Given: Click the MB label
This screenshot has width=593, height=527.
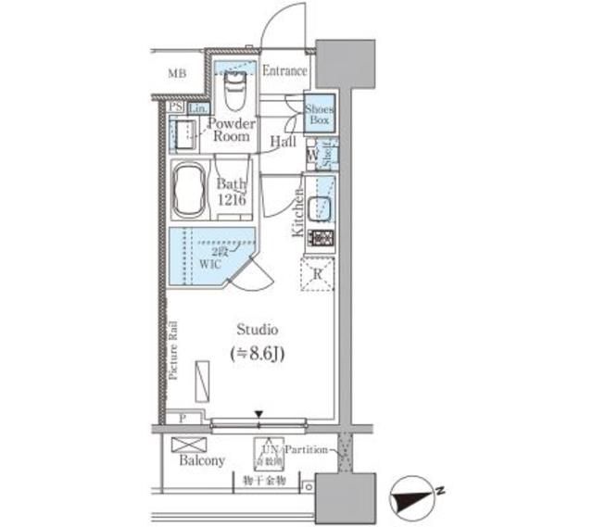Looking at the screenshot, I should [x=176, y=72].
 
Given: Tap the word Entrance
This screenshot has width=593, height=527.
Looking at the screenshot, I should [x=284, y=71].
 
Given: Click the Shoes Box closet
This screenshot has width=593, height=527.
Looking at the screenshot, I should [x=320, y=115].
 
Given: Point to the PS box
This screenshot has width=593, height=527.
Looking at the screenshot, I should [x=174, y=107].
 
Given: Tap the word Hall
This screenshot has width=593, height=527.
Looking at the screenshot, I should [x=284, y=142].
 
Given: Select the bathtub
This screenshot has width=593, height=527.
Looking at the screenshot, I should [x=191, y=189].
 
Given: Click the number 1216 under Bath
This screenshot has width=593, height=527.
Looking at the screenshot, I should [x=233, y=200].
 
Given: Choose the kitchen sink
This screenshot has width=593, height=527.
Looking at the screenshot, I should [x=321, y=208].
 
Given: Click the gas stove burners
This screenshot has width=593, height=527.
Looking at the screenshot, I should [x=320, y=238].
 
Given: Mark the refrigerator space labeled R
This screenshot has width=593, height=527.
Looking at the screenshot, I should [x=317, y=274].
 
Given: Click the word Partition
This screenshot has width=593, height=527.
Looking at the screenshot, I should [x=307, y=450].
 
